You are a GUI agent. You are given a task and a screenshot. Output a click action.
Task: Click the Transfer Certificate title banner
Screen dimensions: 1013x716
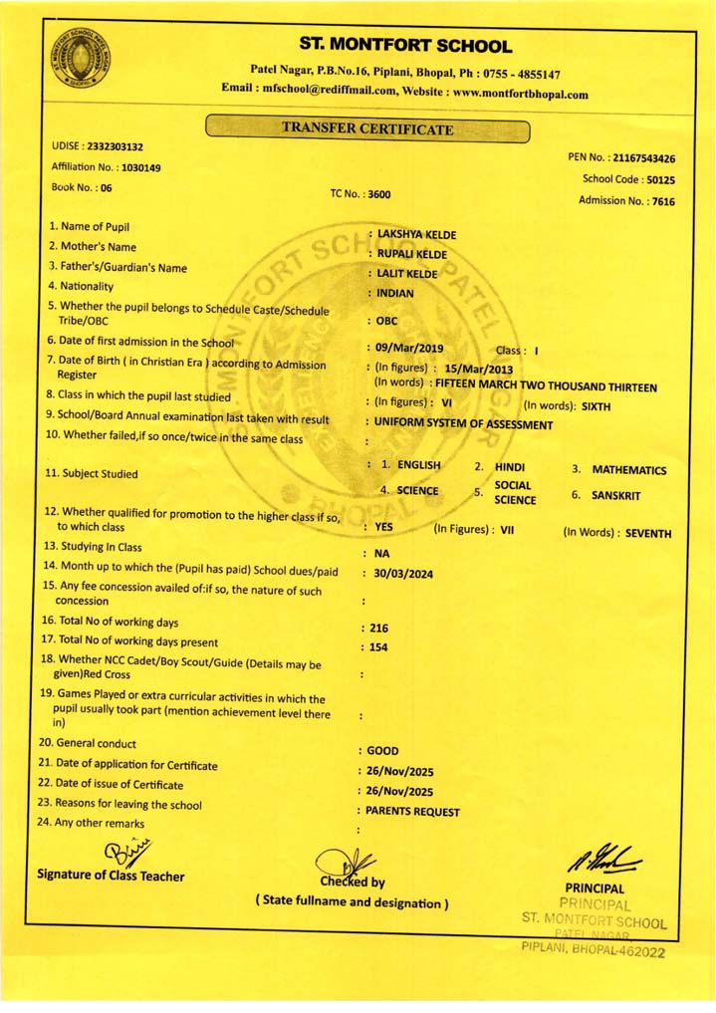tap(367, 128)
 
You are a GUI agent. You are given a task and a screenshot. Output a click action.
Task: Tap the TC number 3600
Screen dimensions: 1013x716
tap(379, 195)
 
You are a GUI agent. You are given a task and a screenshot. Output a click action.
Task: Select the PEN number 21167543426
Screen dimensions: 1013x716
tap(644, 158)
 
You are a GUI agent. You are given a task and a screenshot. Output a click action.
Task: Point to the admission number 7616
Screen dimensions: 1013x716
tap(662, 201)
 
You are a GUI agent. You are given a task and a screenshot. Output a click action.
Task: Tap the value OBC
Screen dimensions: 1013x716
tap(386, 322)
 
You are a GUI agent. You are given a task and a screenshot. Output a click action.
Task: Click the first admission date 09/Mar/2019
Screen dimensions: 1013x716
tap(409, 349)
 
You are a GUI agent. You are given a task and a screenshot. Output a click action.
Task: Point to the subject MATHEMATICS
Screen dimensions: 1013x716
tap(628, 470)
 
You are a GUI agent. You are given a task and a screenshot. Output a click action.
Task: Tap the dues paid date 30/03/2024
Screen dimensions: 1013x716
tap(403, 574)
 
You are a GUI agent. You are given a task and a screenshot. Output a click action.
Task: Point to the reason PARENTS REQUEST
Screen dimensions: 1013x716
tap(412, 812)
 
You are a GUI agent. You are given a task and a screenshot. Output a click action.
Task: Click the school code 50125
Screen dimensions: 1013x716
tap(660, 180)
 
